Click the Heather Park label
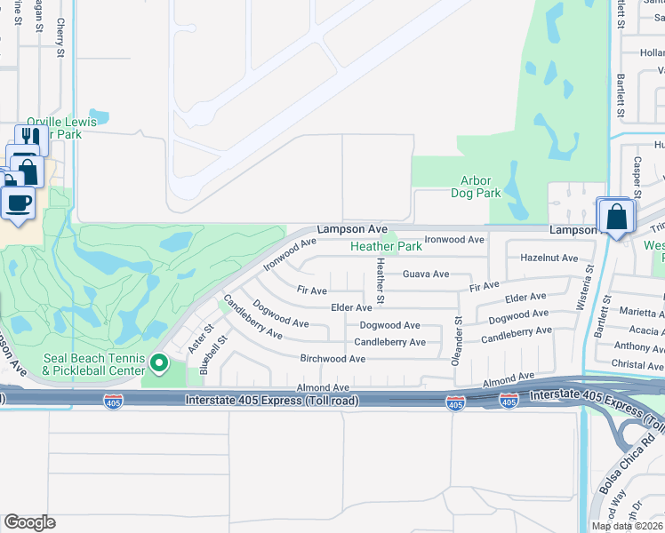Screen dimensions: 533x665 point(386,246)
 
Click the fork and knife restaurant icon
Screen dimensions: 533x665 point(31,137)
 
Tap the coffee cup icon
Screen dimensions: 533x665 point(18,202)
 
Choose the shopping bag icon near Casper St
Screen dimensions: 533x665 point(616,216)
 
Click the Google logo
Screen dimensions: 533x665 point(29,522)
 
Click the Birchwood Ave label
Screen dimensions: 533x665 point(332,359)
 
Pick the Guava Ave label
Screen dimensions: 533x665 point(426,274)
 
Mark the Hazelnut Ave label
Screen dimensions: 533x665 point(549,258)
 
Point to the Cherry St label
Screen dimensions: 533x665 point(60,38)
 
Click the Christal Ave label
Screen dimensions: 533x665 point(637,365)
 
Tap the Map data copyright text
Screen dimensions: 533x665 point(626,526)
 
